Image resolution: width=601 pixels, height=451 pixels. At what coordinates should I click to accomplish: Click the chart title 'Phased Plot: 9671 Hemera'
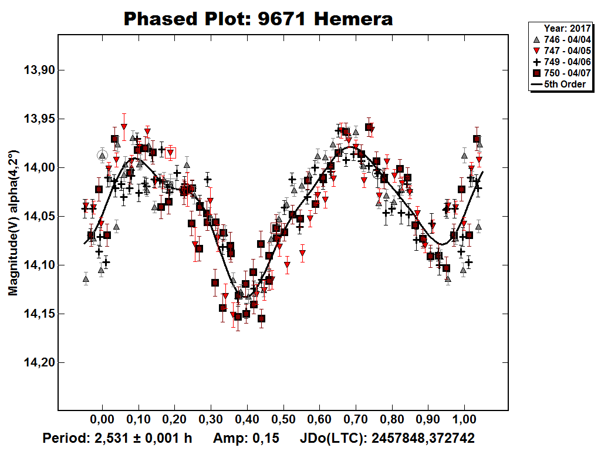tap(258, 19)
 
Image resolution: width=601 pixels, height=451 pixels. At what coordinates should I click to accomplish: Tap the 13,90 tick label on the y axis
tap(37, 70)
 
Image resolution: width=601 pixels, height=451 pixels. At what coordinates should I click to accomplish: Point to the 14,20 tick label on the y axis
tap(37, 363)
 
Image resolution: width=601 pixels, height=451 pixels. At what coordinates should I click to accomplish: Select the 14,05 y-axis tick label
tap(37, 217)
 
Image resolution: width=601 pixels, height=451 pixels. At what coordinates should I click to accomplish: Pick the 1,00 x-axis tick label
tap(464, 420)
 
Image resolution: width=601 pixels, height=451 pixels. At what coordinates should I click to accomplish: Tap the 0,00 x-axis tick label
tap(102, 420)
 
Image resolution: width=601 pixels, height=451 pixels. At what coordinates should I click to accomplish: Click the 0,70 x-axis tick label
tap(356, 420)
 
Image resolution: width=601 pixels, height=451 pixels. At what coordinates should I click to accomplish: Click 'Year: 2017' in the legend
tap(566, 28)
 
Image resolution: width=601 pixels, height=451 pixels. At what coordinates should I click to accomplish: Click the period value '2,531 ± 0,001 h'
tap(139, 438)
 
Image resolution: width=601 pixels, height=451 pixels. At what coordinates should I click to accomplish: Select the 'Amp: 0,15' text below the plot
tap(246, 438)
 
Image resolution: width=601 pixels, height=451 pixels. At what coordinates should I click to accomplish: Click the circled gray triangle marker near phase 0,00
tap(103, 156)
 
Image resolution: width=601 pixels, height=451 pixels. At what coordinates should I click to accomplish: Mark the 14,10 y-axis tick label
tap(37, 265)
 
